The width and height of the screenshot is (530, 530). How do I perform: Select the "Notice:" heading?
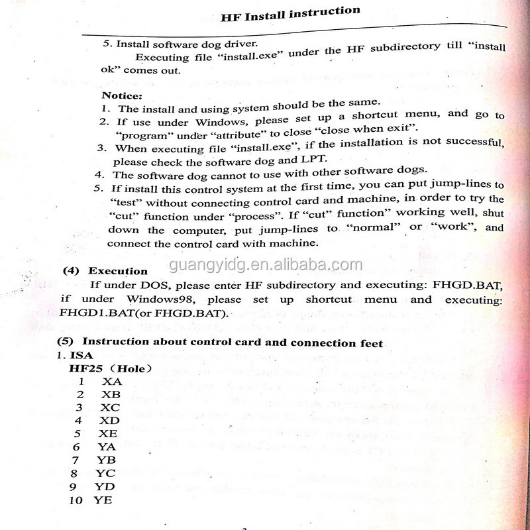pos(121,95)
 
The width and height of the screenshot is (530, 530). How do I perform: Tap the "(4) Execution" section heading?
pos(105,271)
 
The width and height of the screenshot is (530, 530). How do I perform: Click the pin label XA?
pos(112,382)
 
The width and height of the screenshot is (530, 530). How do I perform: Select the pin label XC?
pos(110,407)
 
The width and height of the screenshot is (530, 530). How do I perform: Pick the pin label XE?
pos(108,434)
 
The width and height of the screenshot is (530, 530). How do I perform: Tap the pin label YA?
pos(107,447)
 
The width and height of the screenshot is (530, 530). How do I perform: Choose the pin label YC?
pos(105,474)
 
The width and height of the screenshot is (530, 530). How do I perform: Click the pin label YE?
pos(103,500)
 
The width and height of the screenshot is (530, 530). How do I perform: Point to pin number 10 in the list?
pos(76,500)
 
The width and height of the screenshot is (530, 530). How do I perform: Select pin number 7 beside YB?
pos(76,460)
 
